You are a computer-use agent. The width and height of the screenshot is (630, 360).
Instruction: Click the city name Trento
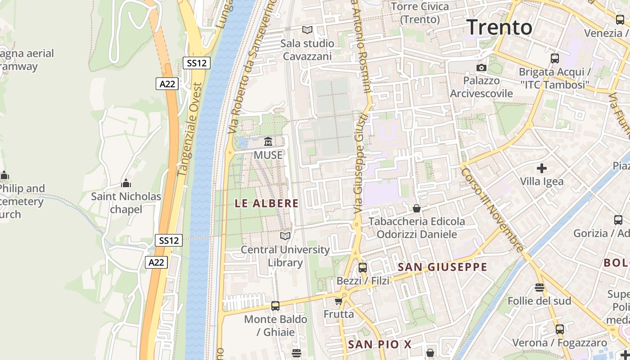[499, 27]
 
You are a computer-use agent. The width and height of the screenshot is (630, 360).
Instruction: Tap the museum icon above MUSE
[268, 142]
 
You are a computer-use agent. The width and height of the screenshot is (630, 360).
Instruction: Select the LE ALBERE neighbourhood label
[267, 203]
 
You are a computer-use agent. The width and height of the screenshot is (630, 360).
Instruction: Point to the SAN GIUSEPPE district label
[442, 267]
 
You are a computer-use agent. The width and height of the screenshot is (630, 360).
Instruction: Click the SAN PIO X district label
[380, 345]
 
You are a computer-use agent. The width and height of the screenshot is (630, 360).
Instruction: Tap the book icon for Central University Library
[285, 236]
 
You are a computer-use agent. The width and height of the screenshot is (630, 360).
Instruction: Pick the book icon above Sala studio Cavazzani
[307, 30]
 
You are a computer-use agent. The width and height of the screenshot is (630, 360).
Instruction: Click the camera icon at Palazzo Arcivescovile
[481, 67]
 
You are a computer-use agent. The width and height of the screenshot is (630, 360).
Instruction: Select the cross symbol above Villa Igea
[542, 169]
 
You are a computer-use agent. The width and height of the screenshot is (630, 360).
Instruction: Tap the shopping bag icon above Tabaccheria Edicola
[417, 208]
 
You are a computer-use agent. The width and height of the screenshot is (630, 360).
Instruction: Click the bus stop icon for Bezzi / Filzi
[362, 268]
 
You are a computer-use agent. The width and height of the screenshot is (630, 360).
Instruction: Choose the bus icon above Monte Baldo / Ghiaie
[275, 306]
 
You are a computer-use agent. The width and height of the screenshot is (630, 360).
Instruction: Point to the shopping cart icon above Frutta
[338, 301]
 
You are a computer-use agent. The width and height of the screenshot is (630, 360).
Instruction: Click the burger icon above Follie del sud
[540, 287]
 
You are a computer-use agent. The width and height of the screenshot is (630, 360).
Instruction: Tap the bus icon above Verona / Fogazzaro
[560, 329]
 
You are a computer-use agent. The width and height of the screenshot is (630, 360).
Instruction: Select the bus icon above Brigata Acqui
[555, 58]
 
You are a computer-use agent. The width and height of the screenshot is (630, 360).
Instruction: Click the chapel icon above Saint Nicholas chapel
[126, 183]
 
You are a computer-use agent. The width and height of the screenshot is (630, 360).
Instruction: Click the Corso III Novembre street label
[492, 210]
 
